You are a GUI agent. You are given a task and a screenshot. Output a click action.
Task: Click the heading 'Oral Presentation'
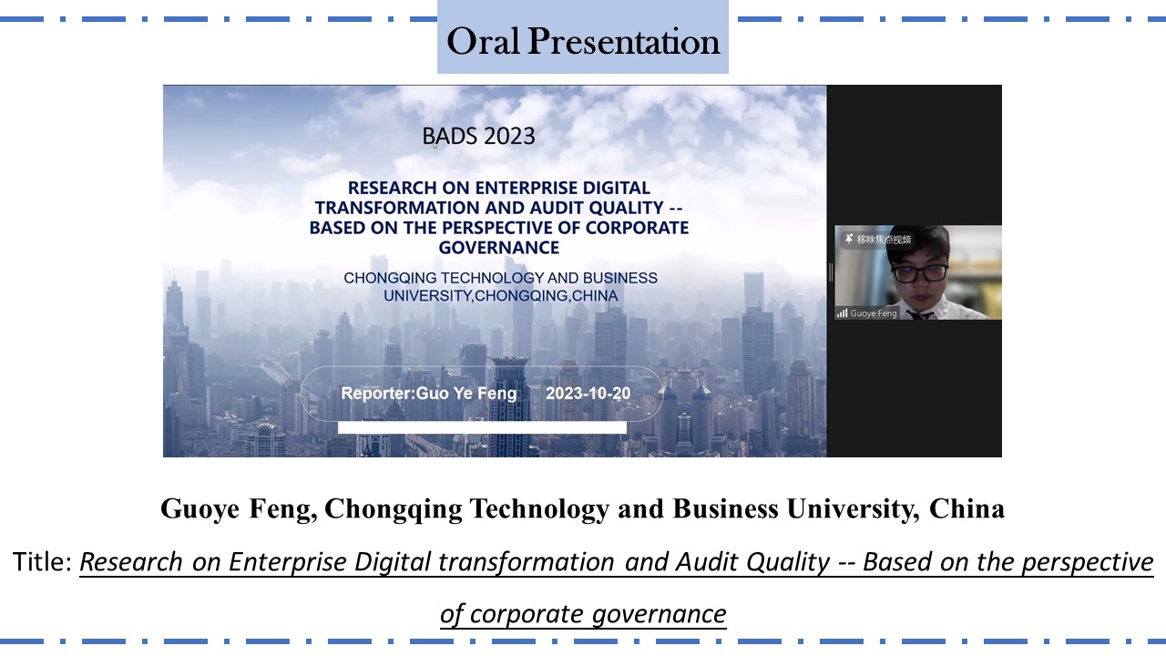pos(583,41)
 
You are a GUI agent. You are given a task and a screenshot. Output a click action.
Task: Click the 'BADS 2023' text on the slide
pos(478,137)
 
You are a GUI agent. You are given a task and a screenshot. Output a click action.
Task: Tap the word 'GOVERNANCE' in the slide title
pos(498,247)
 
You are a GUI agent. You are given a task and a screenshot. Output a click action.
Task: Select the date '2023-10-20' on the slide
pos(588,394)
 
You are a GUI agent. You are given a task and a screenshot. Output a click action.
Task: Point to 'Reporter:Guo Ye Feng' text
pos(428,394)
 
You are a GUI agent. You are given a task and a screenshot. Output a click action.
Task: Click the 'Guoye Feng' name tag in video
pos(873,313)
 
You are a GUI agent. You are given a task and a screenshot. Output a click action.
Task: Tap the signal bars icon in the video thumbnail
pos(842,313)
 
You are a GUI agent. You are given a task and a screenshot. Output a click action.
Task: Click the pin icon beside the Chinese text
pos(849,239)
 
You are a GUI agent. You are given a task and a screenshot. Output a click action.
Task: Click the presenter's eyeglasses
pos(919,272)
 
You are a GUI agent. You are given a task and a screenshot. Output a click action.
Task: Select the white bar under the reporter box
pos(482,427)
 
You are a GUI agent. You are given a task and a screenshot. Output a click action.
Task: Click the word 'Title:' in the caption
pos(43,562)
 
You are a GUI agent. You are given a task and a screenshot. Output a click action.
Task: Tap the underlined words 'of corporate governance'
pos(583,614)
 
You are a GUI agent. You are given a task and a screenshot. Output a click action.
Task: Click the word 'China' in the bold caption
pos(967,508)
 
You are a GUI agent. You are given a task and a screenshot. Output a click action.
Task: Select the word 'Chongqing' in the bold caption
pos(393,509)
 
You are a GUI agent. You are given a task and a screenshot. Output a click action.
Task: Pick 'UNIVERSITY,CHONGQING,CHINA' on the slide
pos(501,296)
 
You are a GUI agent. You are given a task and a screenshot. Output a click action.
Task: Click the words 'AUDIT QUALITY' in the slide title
pos(597,208)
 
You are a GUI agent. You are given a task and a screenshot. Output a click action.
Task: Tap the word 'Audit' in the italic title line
pos(708,562)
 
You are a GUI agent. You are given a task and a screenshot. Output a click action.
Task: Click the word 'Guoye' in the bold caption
pos(199,509)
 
